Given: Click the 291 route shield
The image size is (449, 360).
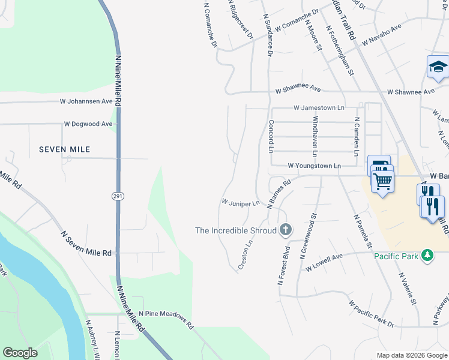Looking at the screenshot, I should (x=117, y=196).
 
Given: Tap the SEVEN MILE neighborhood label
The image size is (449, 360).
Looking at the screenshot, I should (x=64, y=149).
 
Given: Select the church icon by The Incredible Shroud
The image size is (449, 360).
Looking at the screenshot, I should (x=286, y=230).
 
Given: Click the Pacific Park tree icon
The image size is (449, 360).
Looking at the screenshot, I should (x=427, y=256).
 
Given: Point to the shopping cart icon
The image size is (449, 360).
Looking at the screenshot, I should (x=382, y=180).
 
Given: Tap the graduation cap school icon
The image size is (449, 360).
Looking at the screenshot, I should (x=438, y=67).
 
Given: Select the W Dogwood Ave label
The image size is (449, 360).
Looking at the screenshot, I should (x=88, y=124).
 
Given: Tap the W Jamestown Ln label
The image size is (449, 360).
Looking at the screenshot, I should (x=319, y=108).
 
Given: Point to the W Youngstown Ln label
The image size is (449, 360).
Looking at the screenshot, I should (x=314, y=166).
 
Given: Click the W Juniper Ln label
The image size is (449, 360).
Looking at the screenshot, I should (x=240, y=203).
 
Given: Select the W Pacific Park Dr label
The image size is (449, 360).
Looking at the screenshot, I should (x=371, y=314).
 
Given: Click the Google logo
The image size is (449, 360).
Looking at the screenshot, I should (x=20, y=353).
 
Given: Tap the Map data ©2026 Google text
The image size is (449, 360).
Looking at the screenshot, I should (x=411, y=355).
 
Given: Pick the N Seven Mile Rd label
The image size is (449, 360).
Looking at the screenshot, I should (x=86, y=244).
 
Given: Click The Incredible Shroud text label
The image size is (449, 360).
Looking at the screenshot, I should (x=236, y=230).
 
